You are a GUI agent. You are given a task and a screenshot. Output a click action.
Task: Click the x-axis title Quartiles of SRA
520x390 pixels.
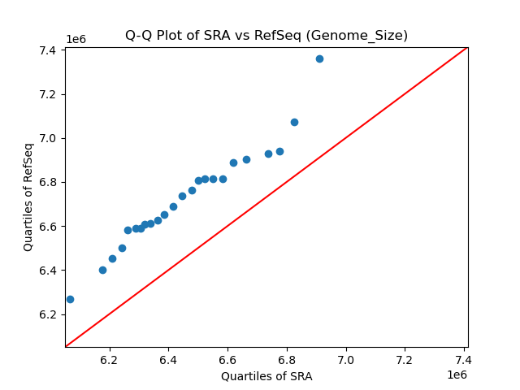tap(266, 376)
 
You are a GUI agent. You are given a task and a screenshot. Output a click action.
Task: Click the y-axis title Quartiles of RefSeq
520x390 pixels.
tap(28, 197)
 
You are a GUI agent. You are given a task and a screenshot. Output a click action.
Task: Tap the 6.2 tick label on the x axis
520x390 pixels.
tap(109, 359)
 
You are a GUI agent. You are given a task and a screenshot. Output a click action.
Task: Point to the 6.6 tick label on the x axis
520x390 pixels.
tap(227, 359)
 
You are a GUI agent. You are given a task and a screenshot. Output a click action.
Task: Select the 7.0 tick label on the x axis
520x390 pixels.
tap(346, 359)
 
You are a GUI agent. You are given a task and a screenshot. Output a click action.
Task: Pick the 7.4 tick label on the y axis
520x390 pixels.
tap(47, 50)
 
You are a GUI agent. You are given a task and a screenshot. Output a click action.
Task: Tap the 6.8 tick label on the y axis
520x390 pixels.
tap(47, 182)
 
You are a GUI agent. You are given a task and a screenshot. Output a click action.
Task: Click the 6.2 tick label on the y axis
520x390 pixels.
tap(47, 314)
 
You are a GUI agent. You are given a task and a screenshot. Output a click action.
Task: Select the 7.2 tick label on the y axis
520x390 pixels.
tap(47, 94)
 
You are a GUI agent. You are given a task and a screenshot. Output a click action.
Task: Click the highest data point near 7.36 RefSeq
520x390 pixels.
tap(319, 58)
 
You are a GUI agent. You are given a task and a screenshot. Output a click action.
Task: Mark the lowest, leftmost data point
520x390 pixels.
tap(70, 299)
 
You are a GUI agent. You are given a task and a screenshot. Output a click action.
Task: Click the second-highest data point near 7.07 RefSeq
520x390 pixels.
tap(294, 122)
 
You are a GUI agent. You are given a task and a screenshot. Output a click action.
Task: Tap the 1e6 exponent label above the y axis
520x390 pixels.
tap(76, 39)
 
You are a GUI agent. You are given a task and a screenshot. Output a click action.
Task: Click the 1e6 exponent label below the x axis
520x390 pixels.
tap(457, 375)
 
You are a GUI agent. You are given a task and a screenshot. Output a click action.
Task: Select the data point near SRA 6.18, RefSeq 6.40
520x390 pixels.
tap(102, 270)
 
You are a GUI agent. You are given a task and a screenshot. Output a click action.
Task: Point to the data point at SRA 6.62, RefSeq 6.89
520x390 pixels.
tap(233, 162)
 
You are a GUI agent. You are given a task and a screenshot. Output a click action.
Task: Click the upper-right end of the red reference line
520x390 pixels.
tap(466, 48)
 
